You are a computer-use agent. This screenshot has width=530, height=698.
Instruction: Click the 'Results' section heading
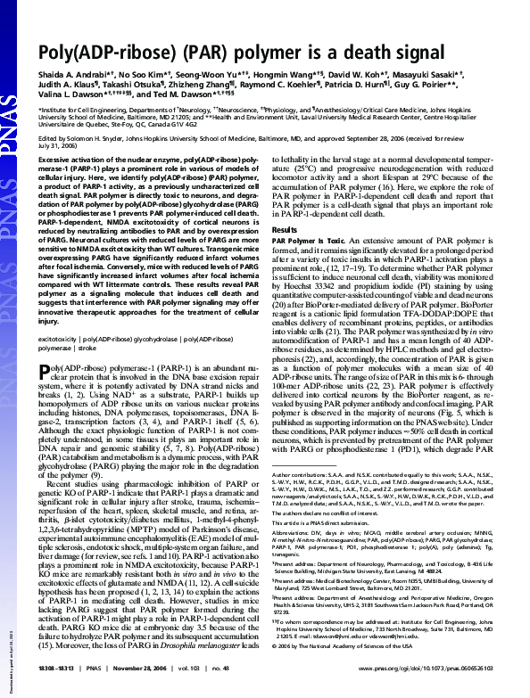283,229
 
